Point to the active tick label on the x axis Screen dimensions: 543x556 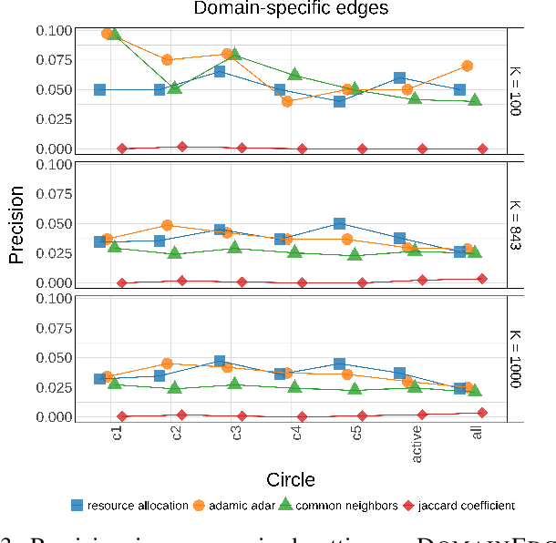417,443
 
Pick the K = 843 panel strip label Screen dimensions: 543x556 515,224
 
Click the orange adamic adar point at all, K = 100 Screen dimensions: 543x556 468,66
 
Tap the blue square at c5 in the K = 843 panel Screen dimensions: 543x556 339,223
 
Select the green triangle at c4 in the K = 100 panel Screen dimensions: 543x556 294,74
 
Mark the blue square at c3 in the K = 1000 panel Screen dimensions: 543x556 220,362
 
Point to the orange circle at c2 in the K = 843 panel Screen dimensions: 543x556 167,225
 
